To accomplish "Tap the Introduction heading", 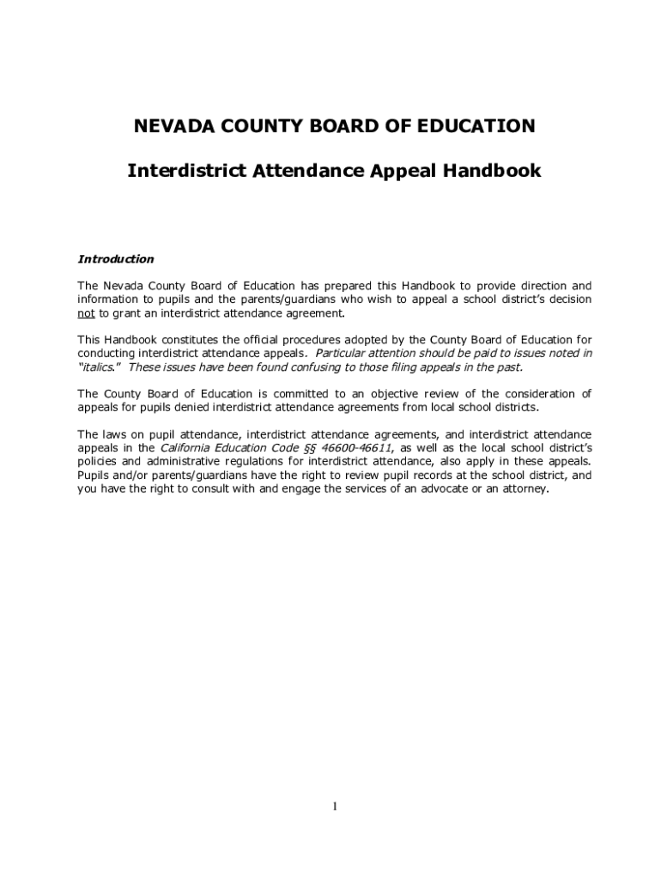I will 116,259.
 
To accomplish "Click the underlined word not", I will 86,313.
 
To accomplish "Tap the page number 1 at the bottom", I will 335,807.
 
